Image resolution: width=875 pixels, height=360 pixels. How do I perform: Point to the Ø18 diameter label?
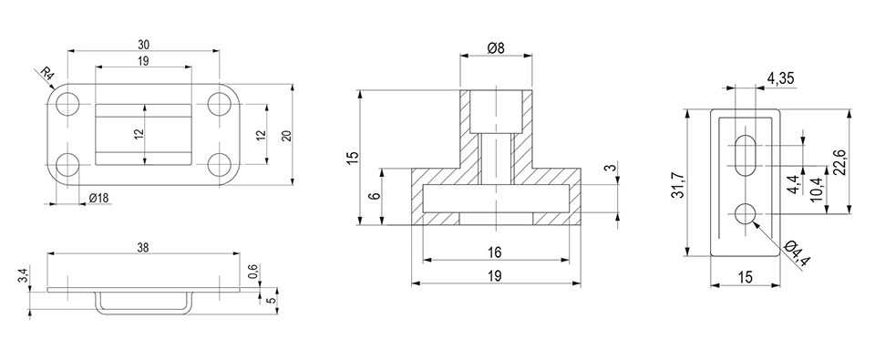pyautogui.click(x=98, y=198)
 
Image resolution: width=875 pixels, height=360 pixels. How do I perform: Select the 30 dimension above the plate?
pyautogui.click(x=144, y=44)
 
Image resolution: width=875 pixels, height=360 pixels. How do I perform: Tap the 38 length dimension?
pyautogui.click(x=143, y=248)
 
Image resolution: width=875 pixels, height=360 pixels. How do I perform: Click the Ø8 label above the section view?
pyautogui.click(x=496, y=48)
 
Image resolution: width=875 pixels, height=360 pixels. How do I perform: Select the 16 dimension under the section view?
pyautogui.click(x=494, y=252)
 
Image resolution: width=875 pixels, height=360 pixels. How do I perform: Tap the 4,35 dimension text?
pyautogui.click(x=781, y=78)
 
